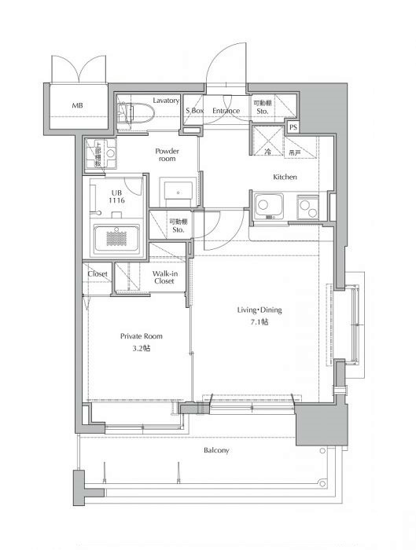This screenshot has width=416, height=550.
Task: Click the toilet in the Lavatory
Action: click(136, 113)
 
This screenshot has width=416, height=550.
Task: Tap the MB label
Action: click(78, 105)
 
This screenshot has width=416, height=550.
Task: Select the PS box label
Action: click(293, 127)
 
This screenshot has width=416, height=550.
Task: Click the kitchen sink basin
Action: click(269, 206)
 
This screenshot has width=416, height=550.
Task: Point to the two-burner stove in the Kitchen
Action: click(308, 207)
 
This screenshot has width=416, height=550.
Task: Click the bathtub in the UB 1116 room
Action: click(116, 238)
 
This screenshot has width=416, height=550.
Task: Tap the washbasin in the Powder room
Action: click(178, 192)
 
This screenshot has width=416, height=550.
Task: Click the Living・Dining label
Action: click(260, 310)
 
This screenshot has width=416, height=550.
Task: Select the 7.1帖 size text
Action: click(260, 322)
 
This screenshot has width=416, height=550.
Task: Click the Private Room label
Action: click(141, 336)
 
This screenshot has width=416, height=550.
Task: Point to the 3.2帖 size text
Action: click(141, 348)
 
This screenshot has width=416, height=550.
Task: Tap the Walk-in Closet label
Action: click(164, 277)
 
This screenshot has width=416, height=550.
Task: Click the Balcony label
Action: click(216, 450)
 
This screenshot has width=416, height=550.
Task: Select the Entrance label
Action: click(226, 111)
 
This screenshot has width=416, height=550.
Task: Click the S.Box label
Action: click(194, 111)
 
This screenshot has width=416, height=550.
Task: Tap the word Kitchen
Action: click(285, 177)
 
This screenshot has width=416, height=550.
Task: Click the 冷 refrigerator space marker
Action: click(267, 152)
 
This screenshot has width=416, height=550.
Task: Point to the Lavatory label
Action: click(166, 101)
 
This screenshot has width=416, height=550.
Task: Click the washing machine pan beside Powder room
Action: click(101, 153)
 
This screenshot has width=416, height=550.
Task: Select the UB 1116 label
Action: click(116, 196)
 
